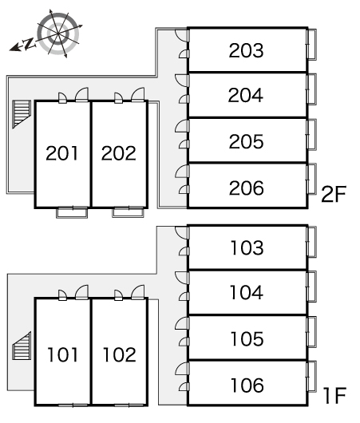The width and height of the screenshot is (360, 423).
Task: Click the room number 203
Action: tap(246, 50)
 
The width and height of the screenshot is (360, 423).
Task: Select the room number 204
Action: tap(246, 95)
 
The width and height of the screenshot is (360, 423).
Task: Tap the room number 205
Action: tap(246, 141)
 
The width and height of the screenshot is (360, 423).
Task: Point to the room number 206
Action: tap(246, 188)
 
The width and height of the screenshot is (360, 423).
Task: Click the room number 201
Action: tap(61, 153)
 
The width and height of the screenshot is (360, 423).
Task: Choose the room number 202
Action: tap(118, 153)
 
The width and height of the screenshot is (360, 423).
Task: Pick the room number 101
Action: tap(62, 354)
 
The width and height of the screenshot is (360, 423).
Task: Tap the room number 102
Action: tap(120, 354)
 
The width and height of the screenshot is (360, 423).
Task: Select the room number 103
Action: tap(247, 247)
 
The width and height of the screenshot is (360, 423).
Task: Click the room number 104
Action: tap(247, 292)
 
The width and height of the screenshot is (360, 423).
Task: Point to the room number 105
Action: tap(247, 338)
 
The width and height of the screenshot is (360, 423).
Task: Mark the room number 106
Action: tap(247, 385)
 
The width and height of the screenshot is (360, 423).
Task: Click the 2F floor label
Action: tap(334, 194)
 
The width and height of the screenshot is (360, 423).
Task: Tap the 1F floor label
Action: tap(334, 395)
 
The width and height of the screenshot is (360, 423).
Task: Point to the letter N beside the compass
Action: tap(29, 43)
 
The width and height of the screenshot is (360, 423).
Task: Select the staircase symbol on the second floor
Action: tap(22, 114)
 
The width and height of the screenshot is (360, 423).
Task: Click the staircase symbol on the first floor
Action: tap(22, 346)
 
